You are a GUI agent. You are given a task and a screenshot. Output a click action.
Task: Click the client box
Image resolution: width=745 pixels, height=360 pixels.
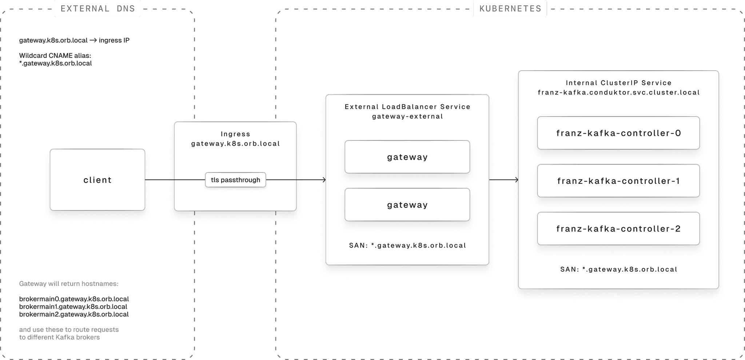tap(97, 180)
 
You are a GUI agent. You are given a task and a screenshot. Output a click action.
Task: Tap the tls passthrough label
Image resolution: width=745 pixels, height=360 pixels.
tap(235, 180)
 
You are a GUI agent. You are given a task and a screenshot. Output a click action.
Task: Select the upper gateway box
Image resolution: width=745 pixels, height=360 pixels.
tap(407, 157)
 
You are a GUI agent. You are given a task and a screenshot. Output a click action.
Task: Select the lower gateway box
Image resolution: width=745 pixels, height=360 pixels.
tap(407, 205)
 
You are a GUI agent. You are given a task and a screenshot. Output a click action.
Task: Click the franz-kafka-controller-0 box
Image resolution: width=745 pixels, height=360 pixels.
tap(618, 133)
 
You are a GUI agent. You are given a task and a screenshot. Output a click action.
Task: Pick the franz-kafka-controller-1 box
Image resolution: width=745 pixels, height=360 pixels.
tap(618, 181)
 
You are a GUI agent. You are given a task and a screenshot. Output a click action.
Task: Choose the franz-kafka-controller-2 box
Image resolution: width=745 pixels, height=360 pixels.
tap(618, 229)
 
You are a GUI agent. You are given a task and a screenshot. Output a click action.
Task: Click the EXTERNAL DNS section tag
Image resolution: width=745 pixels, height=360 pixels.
tap(97, 9)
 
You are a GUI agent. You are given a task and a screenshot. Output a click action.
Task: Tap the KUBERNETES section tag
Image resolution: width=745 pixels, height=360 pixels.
tap(510, 9)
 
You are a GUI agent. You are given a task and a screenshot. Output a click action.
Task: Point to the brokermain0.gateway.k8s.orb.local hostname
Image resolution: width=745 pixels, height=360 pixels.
tap(74, 299)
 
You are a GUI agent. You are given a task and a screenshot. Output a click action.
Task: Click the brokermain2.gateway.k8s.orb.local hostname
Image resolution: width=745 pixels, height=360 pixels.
tap(74, 314)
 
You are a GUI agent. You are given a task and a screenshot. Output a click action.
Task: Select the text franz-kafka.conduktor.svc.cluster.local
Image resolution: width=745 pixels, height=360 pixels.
tap(618, 92)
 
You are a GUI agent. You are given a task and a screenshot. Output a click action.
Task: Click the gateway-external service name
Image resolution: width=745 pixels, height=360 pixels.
tap(407, 116)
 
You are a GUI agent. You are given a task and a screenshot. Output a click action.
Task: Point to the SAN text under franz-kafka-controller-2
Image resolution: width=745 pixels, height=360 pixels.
tap(618, 269)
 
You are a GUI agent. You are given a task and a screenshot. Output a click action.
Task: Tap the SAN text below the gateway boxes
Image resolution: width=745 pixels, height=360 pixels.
tap(407, 245)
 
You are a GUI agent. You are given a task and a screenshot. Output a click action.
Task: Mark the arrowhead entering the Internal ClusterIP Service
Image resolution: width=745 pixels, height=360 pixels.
tap(515, 180)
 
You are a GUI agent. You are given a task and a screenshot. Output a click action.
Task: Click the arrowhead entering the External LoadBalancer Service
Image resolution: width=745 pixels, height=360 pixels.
tap(323, 180)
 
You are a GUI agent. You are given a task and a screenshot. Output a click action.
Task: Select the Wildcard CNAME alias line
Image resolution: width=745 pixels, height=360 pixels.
tap(55, 56)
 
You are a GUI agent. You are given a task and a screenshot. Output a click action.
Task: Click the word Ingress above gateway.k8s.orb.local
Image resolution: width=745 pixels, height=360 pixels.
tap(235, 134)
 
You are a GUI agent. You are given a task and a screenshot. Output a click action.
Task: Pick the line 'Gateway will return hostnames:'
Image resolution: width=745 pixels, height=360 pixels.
tap(69, 284)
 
